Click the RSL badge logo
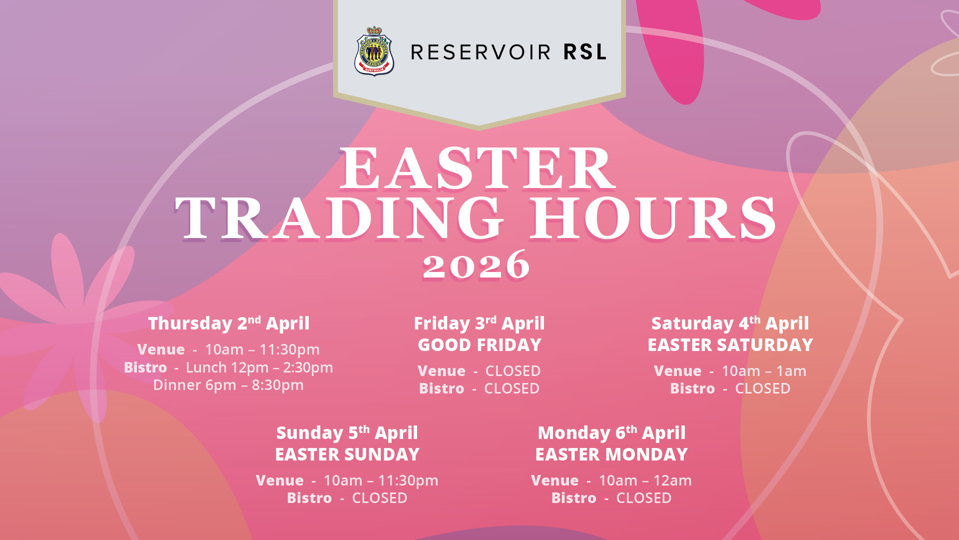(x=374, y=51)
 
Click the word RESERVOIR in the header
(x=480, y=52)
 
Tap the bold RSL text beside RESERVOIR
(x=585, y=52)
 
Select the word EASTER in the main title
(x=478, y=168)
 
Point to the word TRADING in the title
(x=339, y=218)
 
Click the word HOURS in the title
(x=653, y=218)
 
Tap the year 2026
(x=476, y=265)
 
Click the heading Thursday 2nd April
(x=229, y=323)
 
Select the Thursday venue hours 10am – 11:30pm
(x=262, y=349)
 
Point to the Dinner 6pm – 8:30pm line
(x=228, y=385)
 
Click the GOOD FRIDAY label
(x=479, y=345)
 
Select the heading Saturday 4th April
(x=730, y=323)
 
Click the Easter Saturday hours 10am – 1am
(x=764, y=371)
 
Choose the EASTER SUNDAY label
(x=347, y=454)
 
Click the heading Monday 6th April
(x=612, y=433)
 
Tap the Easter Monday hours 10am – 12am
(x=645, y=480)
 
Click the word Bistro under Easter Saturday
(x=692, y=388)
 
